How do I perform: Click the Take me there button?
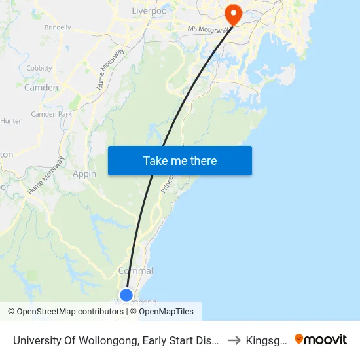[180, 160]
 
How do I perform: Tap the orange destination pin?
[232, 14]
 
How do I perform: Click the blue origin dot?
[126, 295]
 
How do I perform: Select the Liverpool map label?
[150, 11]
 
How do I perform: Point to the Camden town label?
[41, 87]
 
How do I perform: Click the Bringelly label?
[58, 27]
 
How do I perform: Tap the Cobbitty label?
[39, 68]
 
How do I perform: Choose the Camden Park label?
[51, 114]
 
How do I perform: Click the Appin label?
[84, 173]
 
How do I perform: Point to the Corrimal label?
[135, 270]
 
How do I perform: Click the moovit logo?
[321, 339]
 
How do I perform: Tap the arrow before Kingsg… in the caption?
[234, 340]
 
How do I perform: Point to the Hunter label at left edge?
[11, 121]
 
